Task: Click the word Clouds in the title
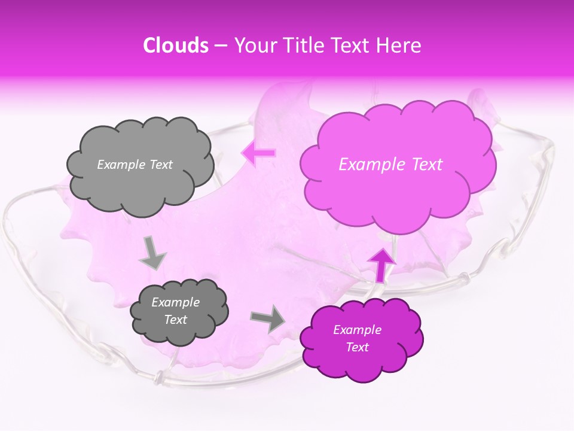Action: (x=175, y=45)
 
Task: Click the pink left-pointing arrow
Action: (x=259, y=153)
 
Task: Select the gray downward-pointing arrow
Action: (x=152, y=252)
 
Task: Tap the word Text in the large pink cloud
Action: (x=425, y=165)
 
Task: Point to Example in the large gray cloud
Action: (x=120, y=165)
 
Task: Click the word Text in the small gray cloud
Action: (x=176, y=320)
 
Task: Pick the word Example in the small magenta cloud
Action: (x=357, y=330)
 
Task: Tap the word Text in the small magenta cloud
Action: (x=357, y=347)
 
